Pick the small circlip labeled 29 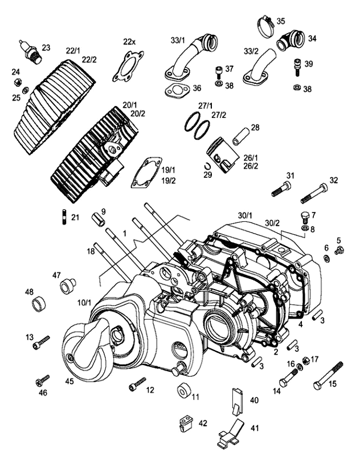(208, 166)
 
